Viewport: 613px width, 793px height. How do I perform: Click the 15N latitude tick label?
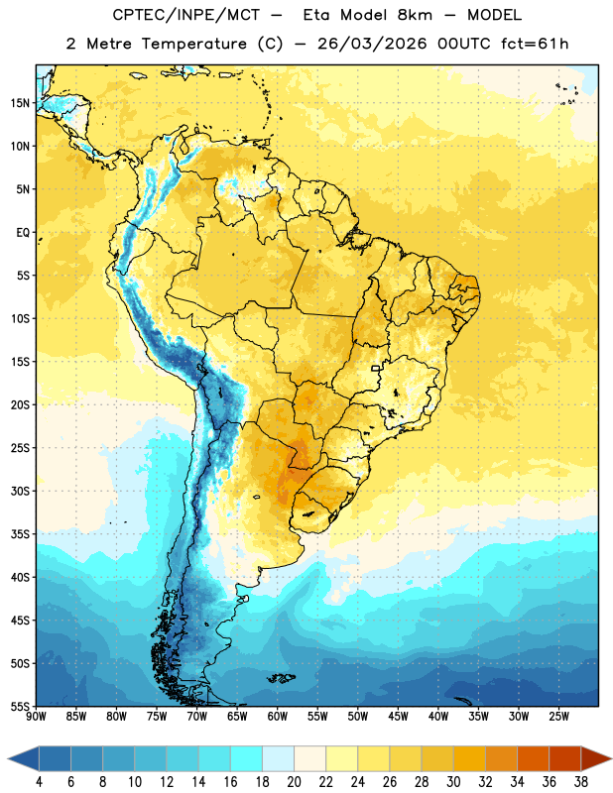tap(20, 103)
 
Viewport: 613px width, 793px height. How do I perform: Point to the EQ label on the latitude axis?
tap(23, 233)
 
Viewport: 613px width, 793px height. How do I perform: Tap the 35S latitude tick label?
tap(20, 534)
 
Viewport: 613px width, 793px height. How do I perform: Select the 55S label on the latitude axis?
tap(20, 707)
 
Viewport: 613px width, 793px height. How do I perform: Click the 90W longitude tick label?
tap(36, 717)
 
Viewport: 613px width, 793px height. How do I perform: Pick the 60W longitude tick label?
tap(278, 717)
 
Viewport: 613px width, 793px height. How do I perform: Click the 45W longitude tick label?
tap(398, 717)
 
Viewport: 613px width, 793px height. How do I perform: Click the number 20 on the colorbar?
tap(294, 782)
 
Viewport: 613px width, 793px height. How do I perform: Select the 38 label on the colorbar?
tap(581, 782)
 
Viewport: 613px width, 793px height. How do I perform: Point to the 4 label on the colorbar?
tap(39, 782)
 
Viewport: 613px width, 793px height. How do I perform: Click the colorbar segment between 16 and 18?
tap(247, 758)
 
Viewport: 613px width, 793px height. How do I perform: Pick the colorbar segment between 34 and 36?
tap(534, 758)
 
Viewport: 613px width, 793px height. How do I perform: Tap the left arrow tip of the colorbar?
tap(8, 758)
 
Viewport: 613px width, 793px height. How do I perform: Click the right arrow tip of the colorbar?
tap(612, 758)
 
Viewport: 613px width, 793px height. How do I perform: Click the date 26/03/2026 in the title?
tap(372, 44)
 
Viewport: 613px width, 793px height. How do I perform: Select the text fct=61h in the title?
tap(535, 44)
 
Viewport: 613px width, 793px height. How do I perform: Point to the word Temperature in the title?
tap(193, 44)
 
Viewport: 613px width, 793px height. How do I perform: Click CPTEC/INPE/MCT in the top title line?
tap(186, 15)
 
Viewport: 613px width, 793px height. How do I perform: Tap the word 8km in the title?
tap(415, 15)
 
